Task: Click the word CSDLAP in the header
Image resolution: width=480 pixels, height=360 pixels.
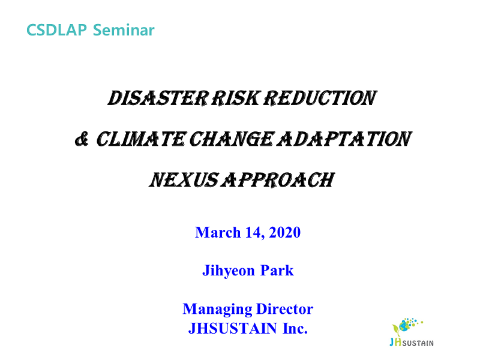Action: click(x=56, y=30)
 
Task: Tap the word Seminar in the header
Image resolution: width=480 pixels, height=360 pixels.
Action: click(x=124, y=30)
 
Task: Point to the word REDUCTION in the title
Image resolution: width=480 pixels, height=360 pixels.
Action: click(x=320, y=98)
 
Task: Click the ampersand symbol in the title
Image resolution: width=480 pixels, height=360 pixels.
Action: click(x=82, y=139)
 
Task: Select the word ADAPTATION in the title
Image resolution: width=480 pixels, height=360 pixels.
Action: click(x=344, y=139)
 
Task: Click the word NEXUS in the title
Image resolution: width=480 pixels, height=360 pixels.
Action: click(x=184, y=180)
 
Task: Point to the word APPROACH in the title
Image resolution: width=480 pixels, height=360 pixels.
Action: click(x=278, y=180)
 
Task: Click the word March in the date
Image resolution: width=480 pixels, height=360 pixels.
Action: click(x=218, y=232)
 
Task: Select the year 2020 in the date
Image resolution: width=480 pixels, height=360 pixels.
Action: click(x=284, y=232)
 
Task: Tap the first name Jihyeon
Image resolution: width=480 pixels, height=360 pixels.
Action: click(x=229, y=271)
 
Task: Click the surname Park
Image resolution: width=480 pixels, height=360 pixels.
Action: click(x=277, y=271)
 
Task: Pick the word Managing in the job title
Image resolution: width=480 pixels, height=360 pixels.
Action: click(x=218, y=310)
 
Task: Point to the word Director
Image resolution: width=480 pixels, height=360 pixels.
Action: click(x=284, y=309)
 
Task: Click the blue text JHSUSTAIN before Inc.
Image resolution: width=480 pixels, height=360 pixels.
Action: click(x=233, y=328)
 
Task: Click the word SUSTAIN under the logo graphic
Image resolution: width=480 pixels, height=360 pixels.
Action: click(x=418, y=343)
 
